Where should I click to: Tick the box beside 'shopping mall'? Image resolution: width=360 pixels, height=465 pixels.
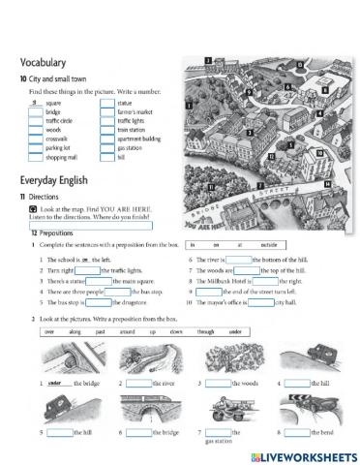coord(36,161)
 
